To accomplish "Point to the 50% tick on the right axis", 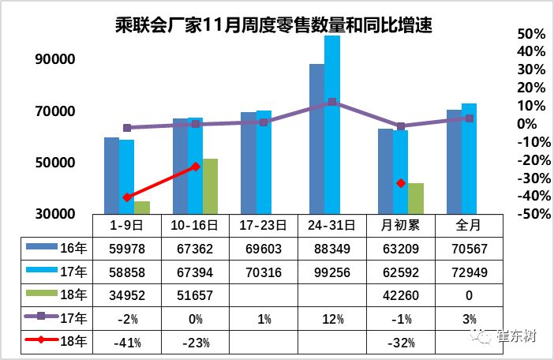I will click(x=528, y=35).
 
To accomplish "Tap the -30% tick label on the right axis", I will click(x=526, y=178).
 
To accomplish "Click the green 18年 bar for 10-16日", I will click(x=210, y=186).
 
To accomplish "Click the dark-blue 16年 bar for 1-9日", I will click(x=111, y=174).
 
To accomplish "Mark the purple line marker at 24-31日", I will click(x=332, y=102).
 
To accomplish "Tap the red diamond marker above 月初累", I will click(x=401, y=183).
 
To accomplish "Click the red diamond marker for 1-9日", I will click(x=126, y=197).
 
